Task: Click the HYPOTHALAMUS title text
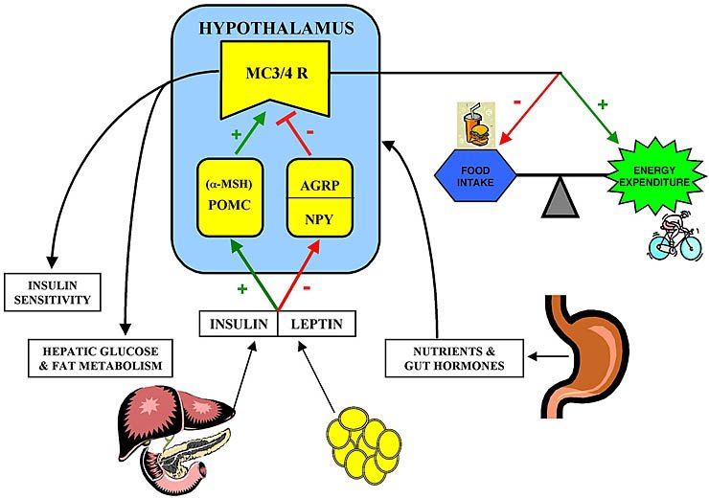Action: (x=275, y=28)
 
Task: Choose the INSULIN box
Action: (x=238, y=323)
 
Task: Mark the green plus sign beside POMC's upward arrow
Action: (x=235, y=135)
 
